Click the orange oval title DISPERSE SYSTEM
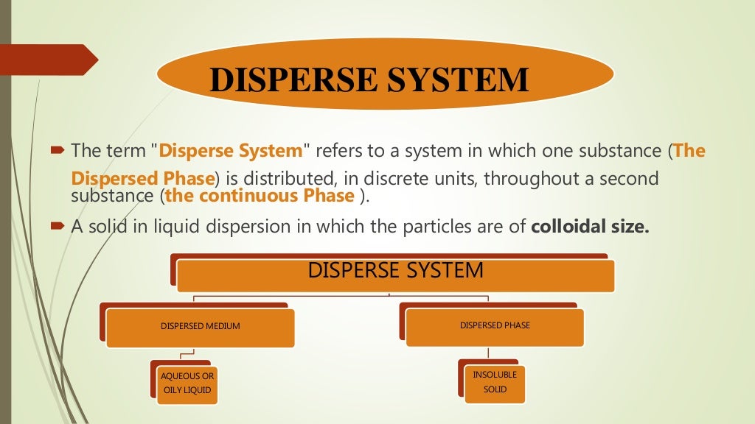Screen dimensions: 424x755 pyautogui.click(x=385, y=79)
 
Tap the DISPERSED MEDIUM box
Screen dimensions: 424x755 pyautogui.click(x=200, y=326)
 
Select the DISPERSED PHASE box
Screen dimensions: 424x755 pyautogui.click(x=495, y=325)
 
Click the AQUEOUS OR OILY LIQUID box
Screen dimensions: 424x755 pyautogui.click(x=187, y=383)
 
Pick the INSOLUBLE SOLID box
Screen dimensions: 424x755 pyautogui.click(x=495, y=382)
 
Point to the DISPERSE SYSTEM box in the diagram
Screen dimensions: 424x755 pyautogui.click(x=395, y=272)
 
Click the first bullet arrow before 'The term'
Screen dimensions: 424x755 pyautogui.click(x=58, y=151)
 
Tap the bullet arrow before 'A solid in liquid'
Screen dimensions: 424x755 pyautogui.click(x=58, y=226)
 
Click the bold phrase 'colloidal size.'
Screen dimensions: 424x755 pyautogui.click(x=590, y=226)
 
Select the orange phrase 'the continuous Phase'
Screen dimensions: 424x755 pyautogui.click(x=260, y=196)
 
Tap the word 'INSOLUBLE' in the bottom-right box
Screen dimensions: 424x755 pyautogui.click(x=495, y=375)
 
